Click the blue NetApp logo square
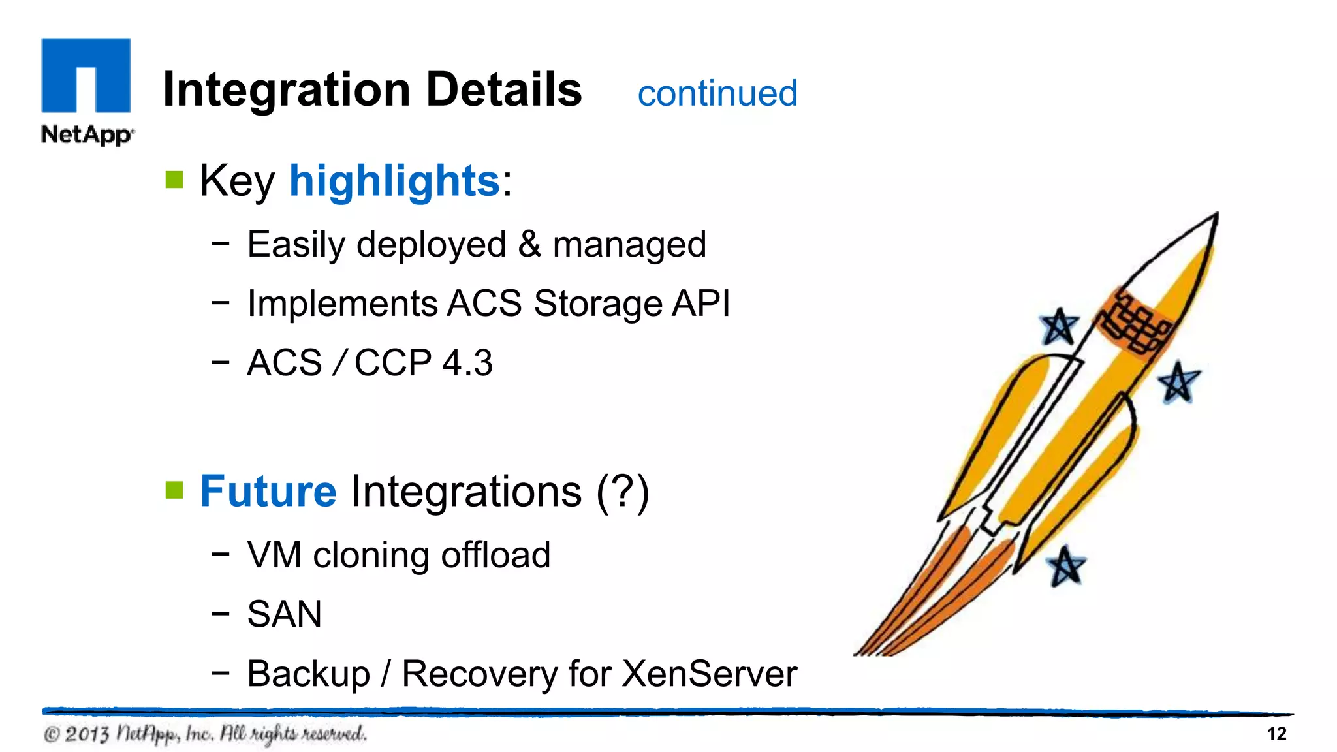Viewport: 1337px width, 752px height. coord(86,74)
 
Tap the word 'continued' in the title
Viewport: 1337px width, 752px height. coord(717,93)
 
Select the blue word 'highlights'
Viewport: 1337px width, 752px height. coord(394,181)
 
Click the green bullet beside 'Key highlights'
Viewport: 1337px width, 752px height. coord(174,180)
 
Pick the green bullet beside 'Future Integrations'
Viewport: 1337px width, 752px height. coord(174,490)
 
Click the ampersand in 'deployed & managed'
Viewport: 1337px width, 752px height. coord(529,244)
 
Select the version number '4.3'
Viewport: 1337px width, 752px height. coord(467,363)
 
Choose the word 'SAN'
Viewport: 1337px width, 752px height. coord(285,614)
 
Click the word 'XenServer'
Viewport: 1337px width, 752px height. coord(710,674)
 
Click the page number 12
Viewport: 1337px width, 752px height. coord(1276,734)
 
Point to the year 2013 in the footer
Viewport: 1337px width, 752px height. coord(87,734)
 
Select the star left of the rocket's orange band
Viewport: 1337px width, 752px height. coord(1058,326)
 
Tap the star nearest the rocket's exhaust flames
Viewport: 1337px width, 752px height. coord(1066,566)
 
